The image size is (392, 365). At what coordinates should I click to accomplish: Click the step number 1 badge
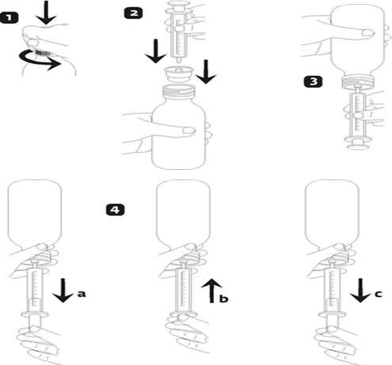(x=10, y=17)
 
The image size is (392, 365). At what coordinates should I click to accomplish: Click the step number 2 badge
(x=134, y=13)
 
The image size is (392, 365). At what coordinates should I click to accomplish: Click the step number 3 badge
(x=313, y=81)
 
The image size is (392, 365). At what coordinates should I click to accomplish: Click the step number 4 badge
(x=115, y=210)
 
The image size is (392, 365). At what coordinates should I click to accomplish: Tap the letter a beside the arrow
(x=82, y=294)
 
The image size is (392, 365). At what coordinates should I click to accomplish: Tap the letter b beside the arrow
(x=223, y=299)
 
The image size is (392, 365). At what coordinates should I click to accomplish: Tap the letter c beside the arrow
(x=379, y=294)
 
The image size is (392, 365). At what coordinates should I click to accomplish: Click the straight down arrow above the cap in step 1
(x=46, y=13)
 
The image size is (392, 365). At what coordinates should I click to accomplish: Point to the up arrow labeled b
(x=211, y=291)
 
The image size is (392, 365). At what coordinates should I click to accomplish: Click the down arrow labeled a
(x=63, y=290)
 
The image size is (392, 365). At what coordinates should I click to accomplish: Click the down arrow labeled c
(x=360, y=290)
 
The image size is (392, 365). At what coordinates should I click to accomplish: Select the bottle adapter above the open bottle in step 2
(x=179, y=74)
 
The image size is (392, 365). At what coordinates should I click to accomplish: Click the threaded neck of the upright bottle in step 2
(x=179, y=91)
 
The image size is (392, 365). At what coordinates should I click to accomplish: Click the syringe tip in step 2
(x=179, y=60)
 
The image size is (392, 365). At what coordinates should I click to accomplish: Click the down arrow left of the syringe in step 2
(x=156, y=51)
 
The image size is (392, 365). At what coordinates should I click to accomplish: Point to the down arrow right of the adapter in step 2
(x=206, y=72)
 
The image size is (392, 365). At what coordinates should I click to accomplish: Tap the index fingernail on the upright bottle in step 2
(x=189, y=130)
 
